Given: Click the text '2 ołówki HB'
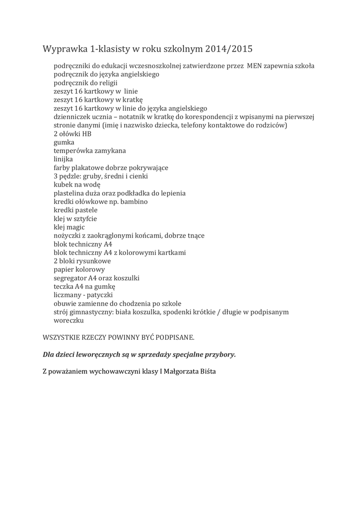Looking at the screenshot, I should [72, 133].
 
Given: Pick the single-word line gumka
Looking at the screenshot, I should [64, 142].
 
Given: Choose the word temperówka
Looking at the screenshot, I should [75, 150].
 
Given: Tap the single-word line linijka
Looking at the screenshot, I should [63, 159].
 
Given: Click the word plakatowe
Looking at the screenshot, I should [88, 168].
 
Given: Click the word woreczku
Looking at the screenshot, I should [70, 320].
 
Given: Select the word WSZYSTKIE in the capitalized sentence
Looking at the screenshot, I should [64, 337].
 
